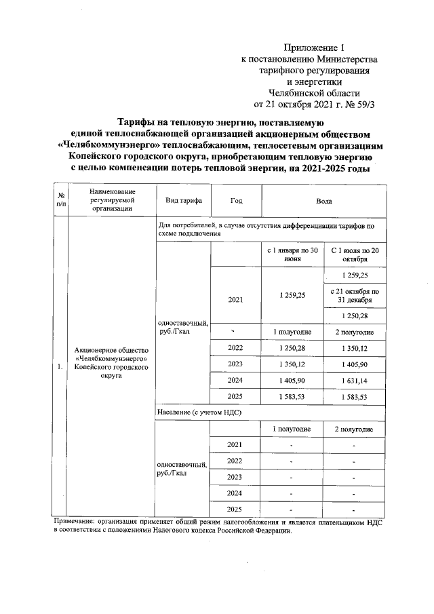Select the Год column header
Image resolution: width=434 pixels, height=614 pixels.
[x=236, y=202]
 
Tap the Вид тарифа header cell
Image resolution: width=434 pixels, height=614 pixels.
[x=183, y=202]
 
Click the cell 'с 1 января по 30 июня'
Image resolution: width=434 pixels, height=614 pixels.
[x=293, y=255]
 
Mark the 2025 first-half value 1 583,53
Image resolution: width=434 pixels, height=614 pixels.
[x=293, y=398]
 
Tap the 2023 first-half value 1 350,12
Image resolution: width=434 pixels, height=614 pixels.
[x=293, y=365]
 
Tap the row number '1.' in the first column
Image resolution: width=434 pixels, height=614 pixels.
[x=61, y=367]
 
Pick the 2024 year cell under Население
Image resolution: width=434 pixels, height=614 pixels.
[x=235, y=493]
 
